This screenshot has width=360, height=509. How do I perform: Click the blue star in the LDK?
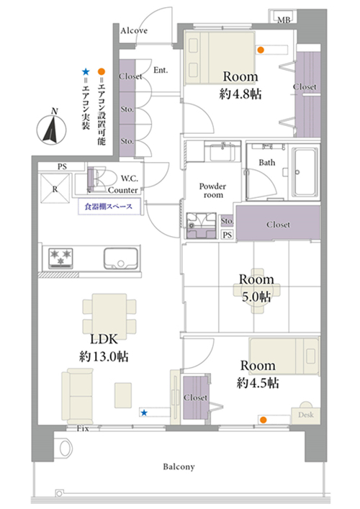pyautogui.click(x=144, y=413)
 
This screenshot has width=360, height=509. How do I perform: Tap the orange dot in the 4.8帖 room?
pyautogui.click(x=261, y=50)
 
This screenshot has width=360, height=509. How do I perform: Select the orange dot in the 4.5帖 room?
pyautogui.click(x=264, y=420)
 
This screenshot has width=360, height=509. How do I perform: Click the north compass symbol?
pyautogui.click(x=51, y=129)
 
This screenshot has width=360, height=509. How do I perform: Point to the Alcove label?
pyautogui.click(x=134, y=31)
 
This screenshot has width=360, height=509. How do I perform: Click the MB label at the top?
pyautogui.click(x=284, y=20)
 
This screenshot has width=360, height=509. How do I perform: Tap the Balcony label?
pyautogui.click(x=179, y=467)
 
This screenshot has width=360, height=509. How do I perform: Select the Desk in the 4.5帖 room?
pyautogui.click(x=305, y=413)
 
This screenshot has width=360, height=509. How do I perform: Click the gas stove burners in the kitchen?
pyautogui.click(x=60, y=258)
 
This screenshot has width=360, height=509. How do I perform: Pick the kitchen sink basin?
pyautogui.click(x=121, y=258)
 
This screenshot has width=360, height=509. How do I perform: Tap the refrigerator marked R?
pyautogui.click(x=55, y=189)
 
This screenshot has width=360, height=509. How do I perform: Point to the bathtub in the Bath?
pyautogui.click(x=305, y=172)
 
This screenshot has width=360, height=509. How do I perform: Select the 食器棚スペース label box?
pyautogui.click(x=109, y=207)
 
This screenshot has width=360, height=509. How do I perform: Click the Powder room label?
pyautogui.click(x=212, y=191)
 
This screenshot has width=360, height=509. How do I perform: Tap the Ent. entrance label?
pyautogui.click(x=161, y=70)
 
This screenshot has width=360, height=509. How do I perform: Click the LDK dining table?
pyautogui.click(x=109, y=313)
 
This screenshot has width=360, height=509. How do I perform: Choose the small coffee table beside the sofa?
pyautogui.click(x=123, y=395)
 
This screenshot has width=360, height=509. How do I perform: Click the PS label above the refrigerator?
pyautogui.click(x=62, y=166)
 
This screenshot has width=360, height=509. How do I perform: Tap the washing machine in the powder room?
pyautogui.click(x=202, y=225)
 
